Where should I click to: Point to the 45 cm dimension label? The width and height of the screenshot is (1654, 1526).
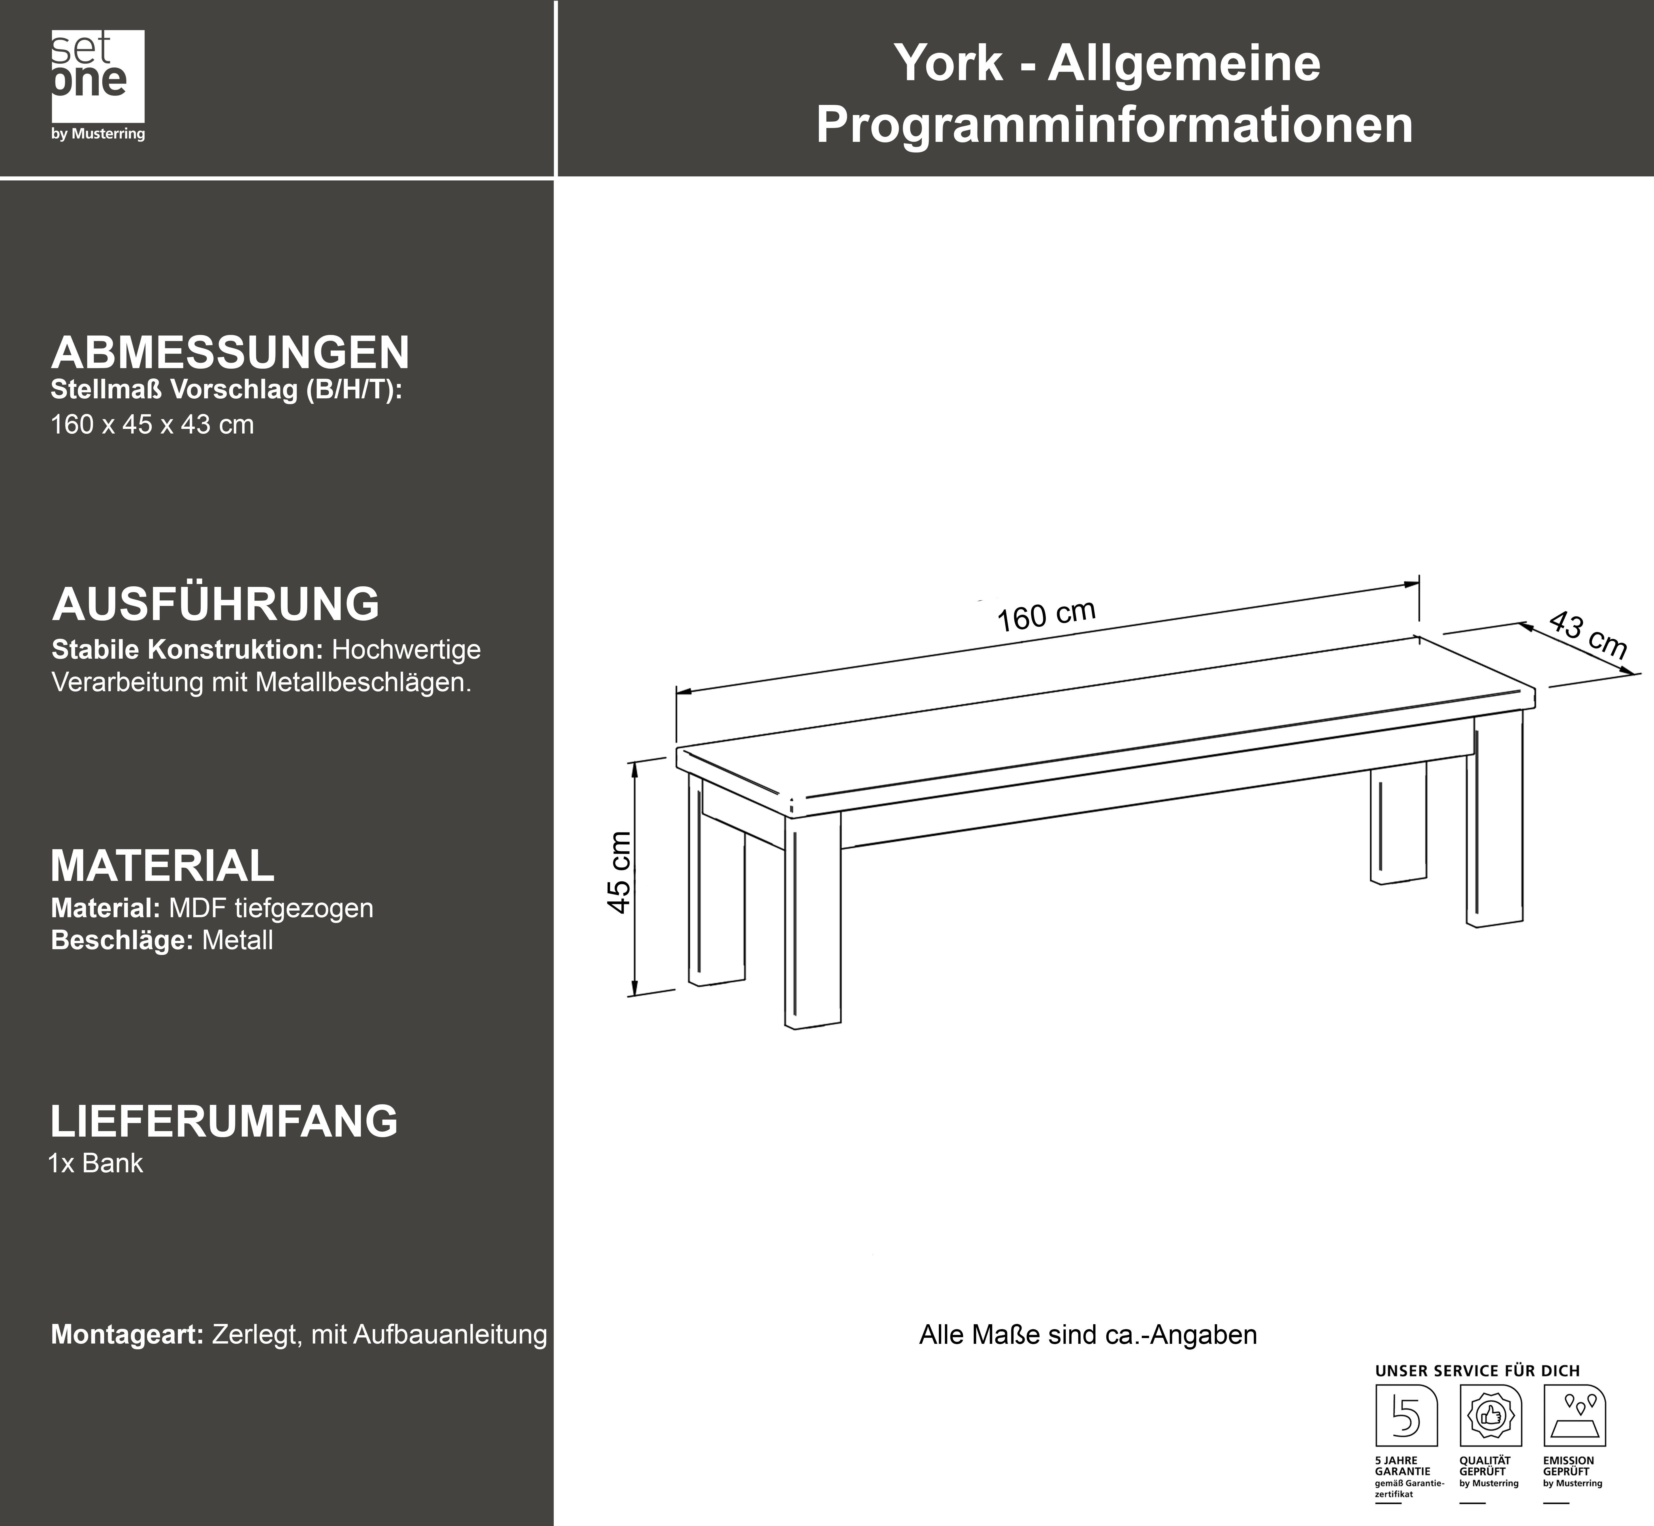click(619, 872)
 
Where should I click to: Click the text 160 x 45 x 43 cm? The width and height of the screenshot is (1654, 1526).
click(152, 424)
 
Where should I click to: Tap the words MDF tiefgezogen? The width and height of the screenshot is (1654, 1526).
click(271, 908)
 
